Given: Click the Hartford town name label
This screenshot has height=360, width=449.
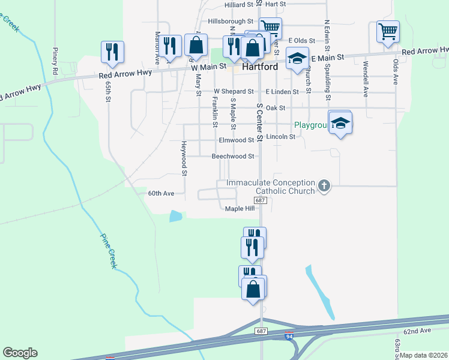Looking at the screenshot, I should (261, 67).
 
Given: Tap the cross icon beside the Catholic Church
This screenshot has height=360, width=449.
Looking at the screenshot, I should (324, 186).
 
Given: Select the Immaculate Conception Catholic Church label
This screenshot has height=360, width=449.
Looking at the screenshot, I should (271, 187).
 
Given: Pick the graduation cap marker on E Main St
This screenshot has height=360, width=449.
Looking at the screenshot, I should (297, 59).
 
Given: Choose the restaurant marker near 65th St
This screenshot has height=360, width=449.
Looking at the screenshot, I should (112, 52).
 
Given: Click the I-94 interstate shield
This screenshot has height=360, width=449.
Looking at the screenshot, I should (290, 337).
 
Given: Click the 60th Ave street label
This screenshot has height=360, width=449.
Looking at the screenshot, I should (161, 194).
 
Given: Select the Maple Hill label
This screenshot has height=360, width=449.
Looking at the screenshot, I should (240, 209).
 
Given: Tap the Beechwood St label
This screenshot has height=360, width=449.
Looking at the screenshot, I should (233, 156).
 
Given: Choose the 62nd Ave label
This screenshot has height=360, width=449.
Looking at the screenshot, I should (417, 331).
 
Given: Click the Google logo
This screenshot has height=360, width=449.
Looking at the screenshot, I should (20, 353).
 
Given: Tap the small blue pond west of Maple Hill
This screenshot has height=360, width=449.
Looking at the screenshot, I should (175, 216).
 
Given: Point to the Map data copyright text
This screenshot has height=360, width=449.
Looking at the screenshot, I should (424, 355).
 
